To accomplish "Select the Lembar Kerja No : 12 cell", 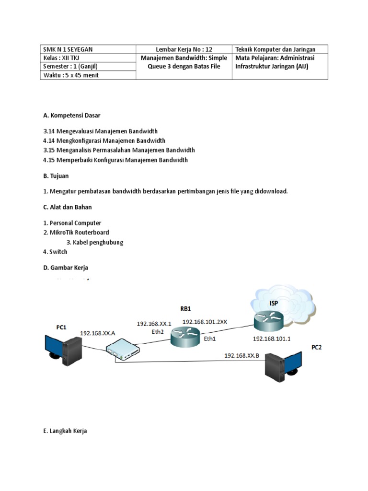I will [x=184, y=49].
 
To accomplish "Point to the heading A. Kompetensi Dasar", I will [x=72, y=116].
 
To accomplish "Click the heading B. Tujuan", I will [x=56, y=176].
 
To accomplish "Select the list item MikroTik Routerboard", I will [x=76, y=233].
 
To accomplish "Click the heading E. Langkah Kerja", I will [x=65, y=431].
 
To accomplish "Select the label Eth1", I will [x=210, y=338].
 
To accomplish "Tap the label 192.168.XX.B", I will [x=242, y=355].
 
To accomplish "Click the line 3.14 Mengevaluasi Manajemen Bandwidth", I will [x=100, y=131].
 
